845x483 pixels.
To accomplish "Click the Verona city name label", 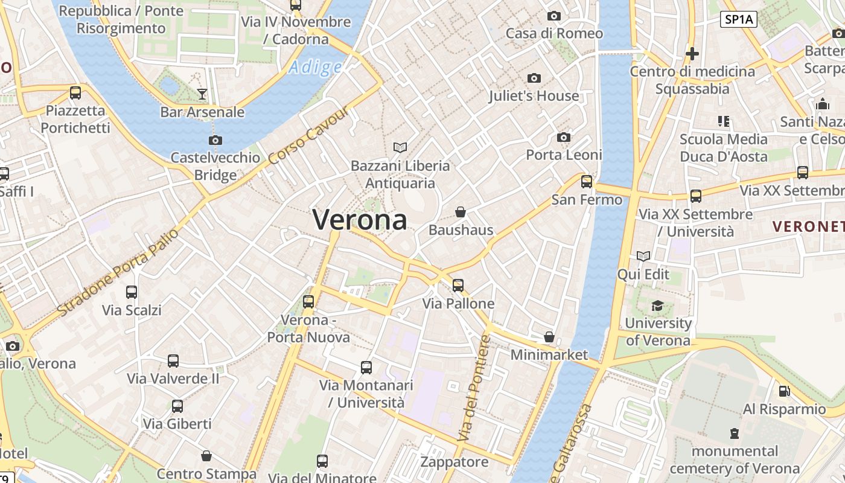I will [360, 220].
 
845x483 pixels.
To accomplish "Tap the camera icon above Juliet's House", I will [534, 78].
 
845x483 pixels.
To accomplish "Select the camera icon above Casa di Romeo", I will [553, 16].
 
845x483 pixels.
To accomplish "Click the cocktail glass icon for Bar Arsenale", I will [202, 94].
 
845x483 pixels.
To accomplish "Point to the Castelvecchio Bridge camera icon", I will [215, 141].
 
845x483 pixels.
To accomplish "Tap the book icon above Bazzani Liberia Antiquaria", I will [400, 147].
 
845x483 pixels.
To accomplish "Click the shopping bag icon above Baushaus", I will [461, 212].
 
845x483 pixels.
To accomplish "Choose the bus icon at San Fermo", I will [586, 182].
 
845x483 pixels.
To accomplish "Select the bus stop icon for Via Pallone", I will [458, 286].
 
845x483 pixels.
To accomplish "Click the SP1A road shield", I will [739, 19].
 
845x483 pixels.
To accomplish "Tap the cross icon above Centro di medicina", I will [692, 54].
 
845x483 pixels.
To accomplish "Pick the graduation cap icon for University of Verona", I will [657, 306].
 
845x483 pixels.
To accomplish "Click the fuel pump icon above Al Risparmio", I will [784, 391].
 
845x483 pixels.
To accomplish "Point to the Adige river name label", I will [314, 67].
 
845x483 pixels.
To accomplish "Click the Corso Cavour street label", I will [308, 136].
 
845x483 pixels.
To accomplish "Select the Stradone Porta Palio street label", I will [119, 272].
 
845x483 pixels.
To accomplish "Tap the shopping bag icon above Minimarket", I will [549, 337].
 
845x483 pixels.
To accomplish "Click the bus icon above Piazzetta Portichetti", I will [75, 93].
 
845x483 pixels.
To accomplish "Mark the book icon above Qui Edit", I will [643, 257].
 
